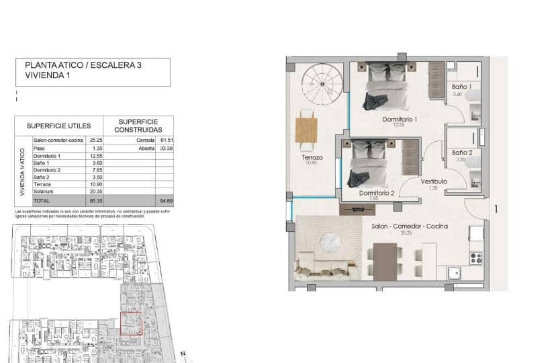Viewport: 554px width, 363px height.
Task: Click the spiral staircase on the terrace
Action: (321, 85)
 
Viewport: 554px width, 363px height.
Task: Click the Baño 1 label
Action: (461, 87)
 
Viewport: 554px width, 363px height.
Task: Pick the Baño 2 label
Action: (461, 153)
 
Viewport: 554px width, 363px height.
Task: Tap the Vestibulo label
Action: (434, 182)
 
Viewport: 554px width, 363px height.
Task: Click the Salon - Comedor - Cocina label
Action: (410, 227)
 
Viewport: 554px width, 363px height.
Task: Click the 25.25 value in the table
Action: (95, 140)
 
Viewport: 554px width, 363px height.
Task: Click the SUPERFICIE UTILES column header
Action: (58, 126)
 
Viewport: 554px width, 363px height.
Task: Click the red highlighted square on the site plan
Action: (131, 323)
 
